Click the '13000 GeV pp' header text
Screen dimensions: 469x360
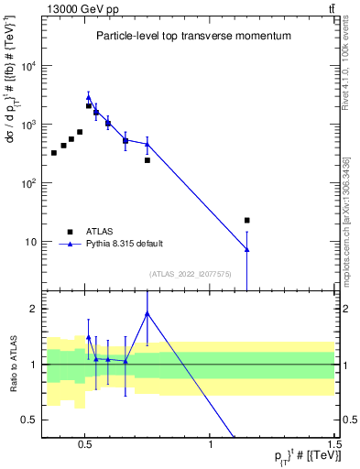click(76, 8)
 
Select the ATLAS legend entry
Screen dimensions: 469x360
click(102, 231)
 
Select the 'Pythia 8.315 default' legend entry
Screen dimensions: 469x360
click(124, 244)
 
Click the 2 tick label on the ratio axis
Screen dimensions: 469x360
click(33, 309)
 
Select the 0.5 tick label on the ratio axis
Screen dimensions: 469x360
click(29, 420)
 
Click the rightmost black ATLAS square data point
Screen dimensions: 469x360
click(247, 220)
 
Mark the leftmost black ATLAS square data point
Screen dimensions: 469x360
click(54, 152)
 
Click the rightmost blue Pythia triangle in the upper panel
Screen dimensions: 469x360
click(247, 249)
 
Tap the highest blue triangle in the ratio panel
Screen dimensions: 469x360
click(147, 313)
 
